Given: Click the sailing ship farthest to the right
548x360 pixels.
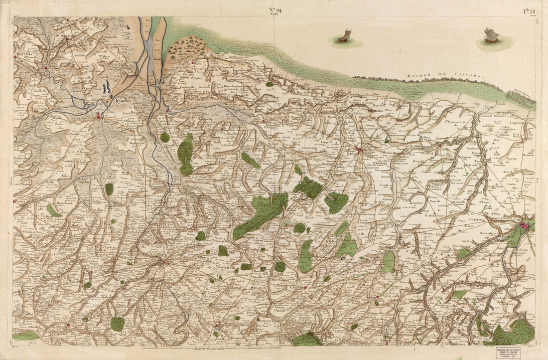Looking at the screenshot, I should click(491, 36).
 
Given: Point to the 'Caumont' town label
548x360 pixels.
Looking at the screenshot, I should click(297, 288).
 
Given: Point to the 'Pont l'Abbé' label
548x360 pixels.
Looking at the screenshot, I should click(24, 56).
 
